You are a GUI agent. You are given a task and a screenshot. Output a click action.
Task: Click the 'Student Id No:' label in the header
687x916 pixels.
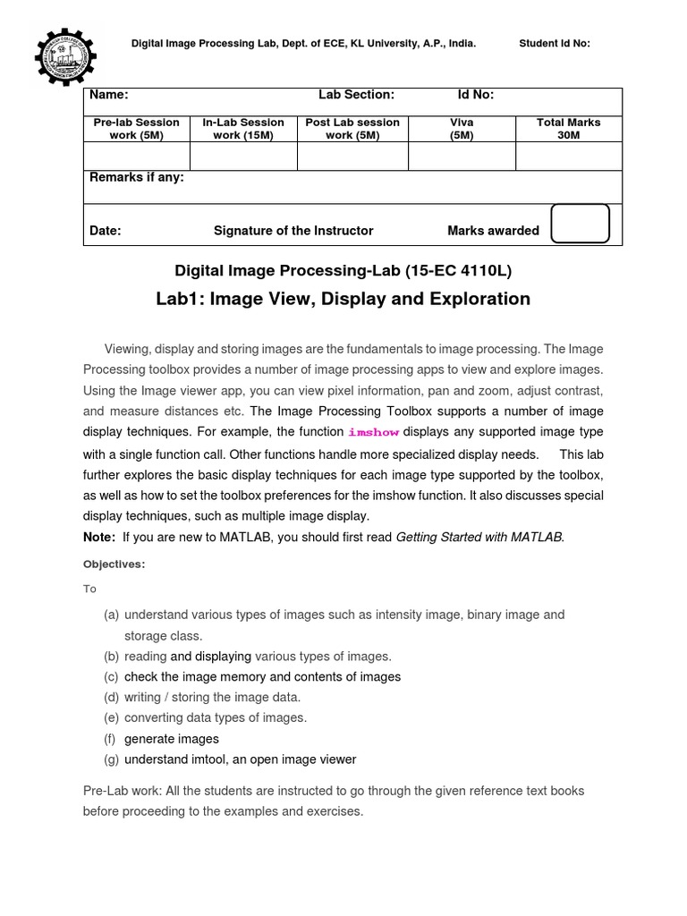click(x=554, y=43)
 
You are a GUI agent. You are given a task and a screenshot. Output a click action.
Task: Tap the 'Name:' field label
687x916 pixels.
click(x=109, y=95)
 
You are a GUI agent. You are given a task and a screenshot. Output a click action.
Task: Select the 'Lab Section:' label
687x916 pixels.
click(x=356, y=95)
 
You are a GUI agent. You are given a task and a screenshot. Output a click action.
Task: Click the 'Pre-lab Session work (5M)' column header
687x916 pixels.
click(x=137, y=129)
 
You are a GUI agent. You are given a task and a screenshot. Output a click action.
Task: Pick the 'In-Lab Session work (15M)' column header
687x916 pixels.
click(x=243, y=129)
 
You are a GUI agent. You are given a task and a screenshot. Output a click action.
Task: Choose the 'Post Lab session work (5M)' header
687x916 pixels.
click(x=352, y=129)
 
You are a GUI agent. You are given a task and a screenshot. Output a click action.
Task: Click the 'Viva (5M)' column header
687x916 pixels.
click(x=462, y=129)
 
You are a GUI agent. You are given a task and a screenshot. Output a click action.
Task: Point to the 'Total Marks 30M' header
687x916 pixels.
click(x=568, y=129)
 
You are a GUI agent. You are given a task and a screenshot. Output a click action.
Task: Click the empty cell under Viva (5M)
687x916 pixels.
click(x=462, y=157)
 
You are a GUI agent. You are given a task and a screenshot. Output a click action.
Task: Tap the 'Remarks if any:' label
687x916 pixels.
click(x=137, y=178)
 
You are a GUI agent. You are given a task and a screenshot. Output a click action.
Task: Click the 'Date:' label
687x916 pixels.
click(x=106, y=231)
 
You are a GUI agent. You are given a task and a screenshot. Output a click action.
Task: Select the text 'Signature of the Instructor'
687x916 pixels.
click(x=293, y=231)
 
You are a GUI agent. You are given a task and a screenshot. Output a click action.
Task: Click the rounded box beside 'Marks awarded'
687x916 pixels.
click(x=580, y=224)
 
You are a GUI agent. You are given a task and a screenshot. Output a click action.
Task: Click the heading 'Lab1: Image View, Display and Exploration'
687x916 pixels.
click(x=343, y=299)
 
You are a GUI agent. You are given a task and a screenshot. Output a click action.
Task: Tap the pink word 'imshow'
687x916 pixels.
click(x=373, y=432)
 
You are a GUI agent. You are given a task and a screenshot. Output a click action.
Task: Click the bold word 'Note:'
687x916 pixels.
click(x=99, y=537)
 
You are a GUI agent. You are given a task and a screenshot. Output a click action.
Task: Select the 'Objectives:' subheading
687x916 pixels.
click(x=114, y=564)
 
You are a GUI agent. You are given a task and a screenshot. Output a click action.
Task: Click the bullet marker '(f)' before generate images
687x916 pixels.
click(x=110, y=739)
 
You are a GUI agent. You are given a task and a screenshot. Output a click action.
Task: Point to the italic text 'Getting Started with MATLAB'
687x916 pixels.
click(x=479, y=537)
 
